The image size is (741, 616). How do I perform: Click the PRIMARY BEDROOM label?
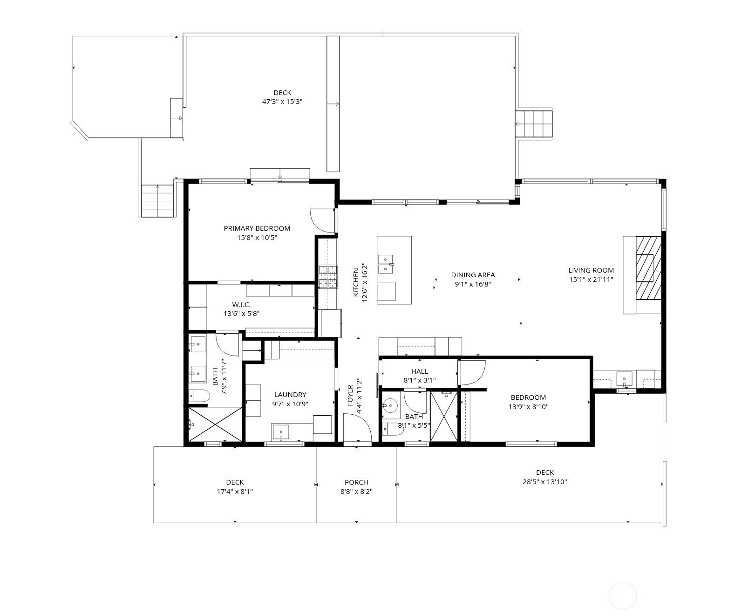coord(257,228)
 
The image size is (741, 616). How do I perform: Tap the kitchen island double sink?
coord(386,264)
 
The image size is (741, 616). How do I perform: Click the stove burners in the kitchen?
coord(328,277)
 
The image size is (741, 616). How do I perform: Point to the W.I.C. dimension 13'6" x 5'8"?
coord(241,314)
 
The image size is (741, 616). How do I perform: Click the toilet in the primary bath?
coord(199,396)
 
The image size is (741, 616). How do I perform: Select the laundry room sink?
coord(281,432)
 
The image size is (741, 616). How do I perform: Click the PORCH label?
coord(356,482)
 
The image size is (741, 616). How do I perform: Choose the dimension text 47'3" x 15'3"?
coord(282,102)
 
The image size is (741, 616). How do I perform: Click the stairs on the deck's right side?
coord(534,124)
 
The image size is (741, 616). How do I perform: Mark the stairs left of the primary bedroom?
coord(157,200)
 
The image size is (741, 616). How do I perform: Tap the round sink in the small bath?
coord(390,406)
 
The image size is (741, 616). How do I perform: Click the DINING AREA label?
coord(473,275)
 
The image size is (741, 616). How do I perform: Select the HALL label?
coord(420,371)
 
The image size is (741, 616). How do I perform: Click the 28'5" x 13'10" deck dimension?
coord(544,482)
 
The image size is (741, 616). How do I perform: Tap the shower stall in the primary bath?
coord(215,424)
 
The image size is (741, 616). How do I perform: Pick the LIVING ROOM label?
coord(591,270)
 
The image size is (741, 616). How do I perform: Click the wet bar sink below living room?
coord(624,378)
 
